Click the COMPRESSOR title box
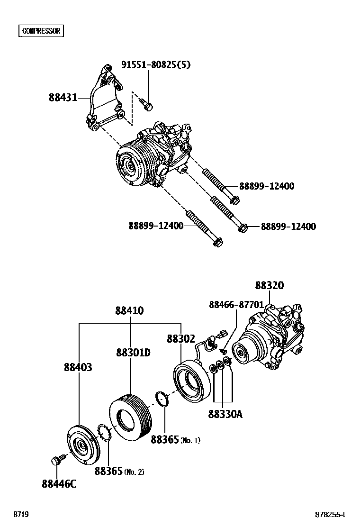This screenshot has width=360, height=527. (42, 31)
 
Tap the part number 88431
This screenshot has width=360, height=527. (63, 98)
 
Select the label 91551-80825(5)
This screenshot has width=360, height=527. (156, 64)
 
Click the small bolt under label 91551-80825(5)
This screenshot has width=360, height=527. (147, 104)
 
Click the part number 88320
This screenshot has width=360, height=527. (270, 286)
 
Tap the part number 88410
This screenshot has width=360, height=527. (129, 311)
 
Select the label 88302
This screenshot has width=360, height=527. (181, 339)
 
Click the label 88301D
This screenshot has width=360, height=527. (134, 353)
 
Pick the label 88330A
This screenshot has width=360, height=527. (225, 414)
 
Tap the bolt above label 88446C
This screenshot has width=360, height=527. (56, 460)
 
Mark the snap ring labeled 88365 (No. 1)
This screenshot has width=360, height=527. (162, 400)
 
